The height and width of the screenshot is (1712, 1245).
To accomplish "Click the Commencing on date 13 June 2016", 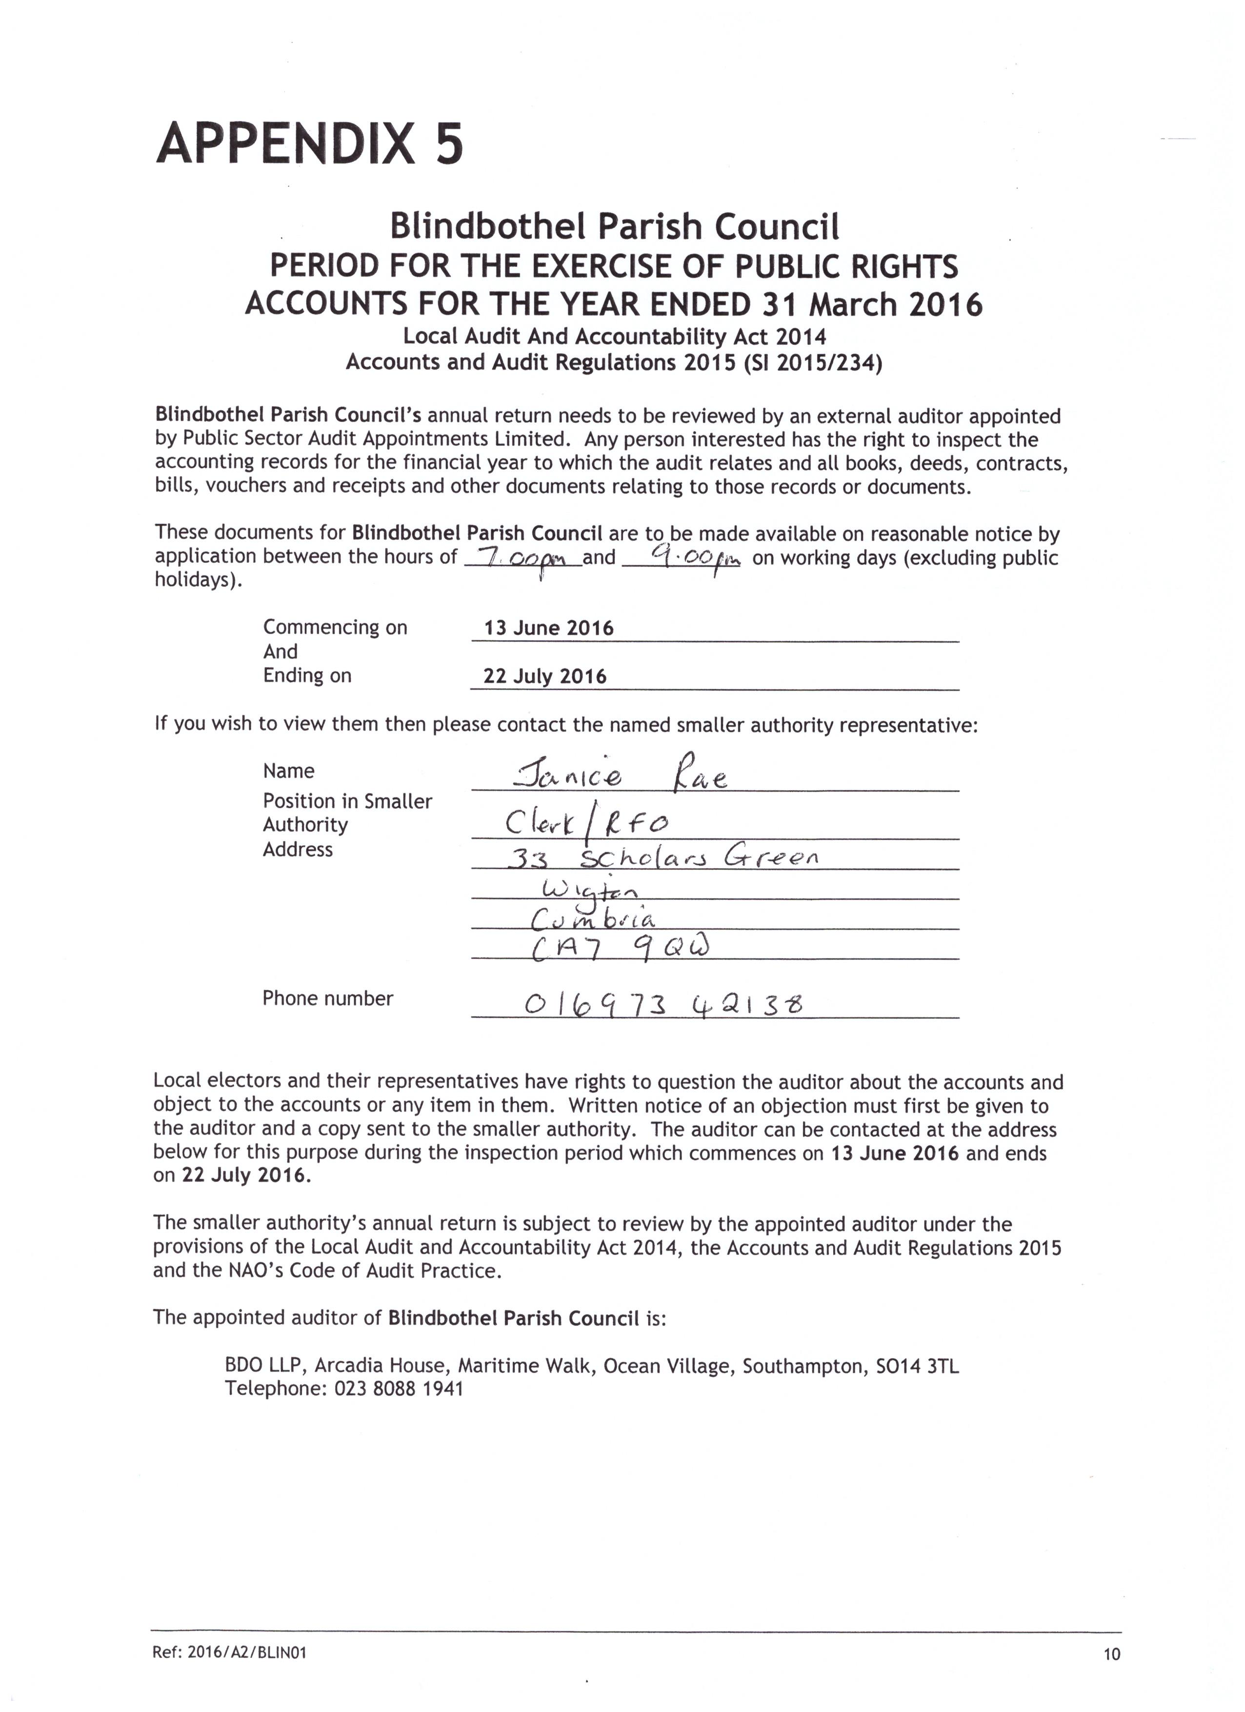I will (x=549, y=628).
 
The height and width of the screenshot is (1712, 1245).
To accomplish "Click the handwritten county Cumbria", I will (x=593, y=918).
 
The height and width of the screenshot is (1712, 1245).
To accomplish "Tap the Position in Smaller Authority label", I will (x=347, y=812).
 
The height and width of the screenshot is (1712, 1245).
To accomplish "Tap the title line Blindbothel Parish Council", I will (x=614, y=226).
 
